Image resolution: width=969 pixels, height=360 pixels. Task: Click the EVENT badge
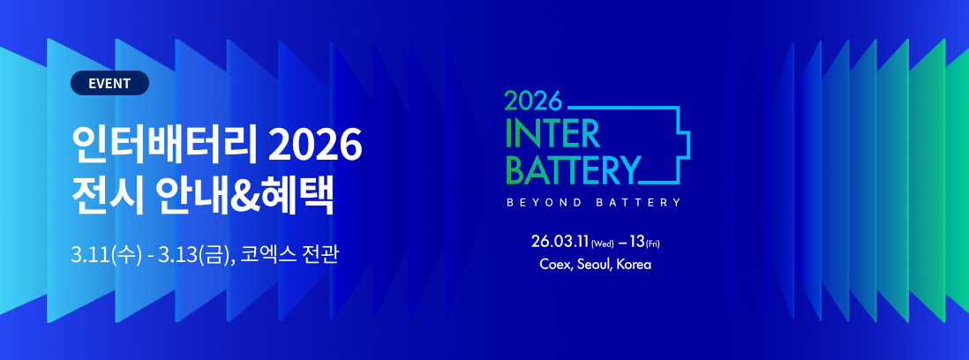point(110,83)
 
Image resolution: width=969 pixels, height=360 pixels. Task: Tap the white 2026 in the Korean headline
point(315,146)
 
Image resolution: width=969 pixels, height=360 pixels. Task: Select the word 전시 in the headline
point(108,195)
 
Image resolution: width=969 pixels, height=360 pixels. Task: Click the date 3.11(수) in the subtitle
point(103,255)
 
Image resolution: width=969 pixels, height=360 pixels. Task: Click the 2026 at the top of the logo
point(532,99)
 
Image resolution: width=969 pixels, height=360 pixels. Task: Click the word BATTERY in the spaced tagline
point(638,202)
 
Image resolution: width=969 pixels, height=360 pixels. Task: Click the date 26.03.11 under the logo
point(560,241)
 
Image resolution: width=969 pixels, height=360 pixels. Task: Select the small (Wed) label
point(603,244)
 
